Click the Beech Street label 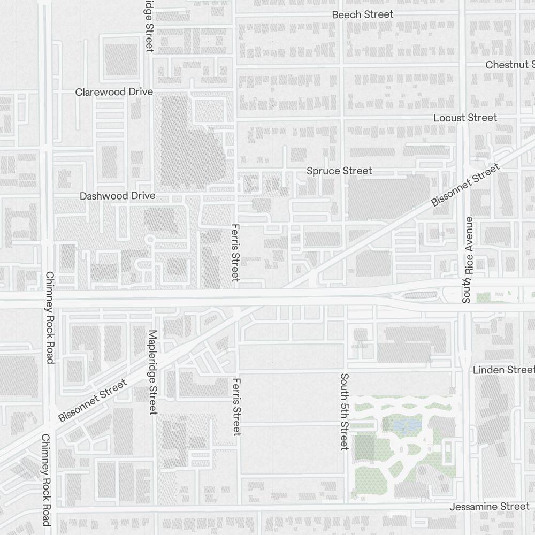[x=362, y=14]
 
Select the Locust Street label [x=465, y=117]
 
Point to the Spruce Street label [x=339, y=171]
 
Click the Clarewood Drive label [x=114, y=92]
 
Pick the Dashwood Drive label [x=117, y=196]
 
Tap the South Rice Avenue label [x=468, y=260]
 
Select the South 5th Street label [x=344, y=411]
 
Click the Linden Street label [x=503, y=370]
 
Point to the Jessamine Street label [x=489, y=506]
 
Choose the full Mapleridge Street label [x=152, y=372]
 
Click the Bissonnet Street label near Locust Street [x=465, y=185]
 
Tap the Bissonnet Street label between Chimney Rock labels [x=93, y=400]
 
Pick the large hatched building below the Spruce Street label [x=388, y=198]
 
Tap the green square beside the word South [x=483, y=297]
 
